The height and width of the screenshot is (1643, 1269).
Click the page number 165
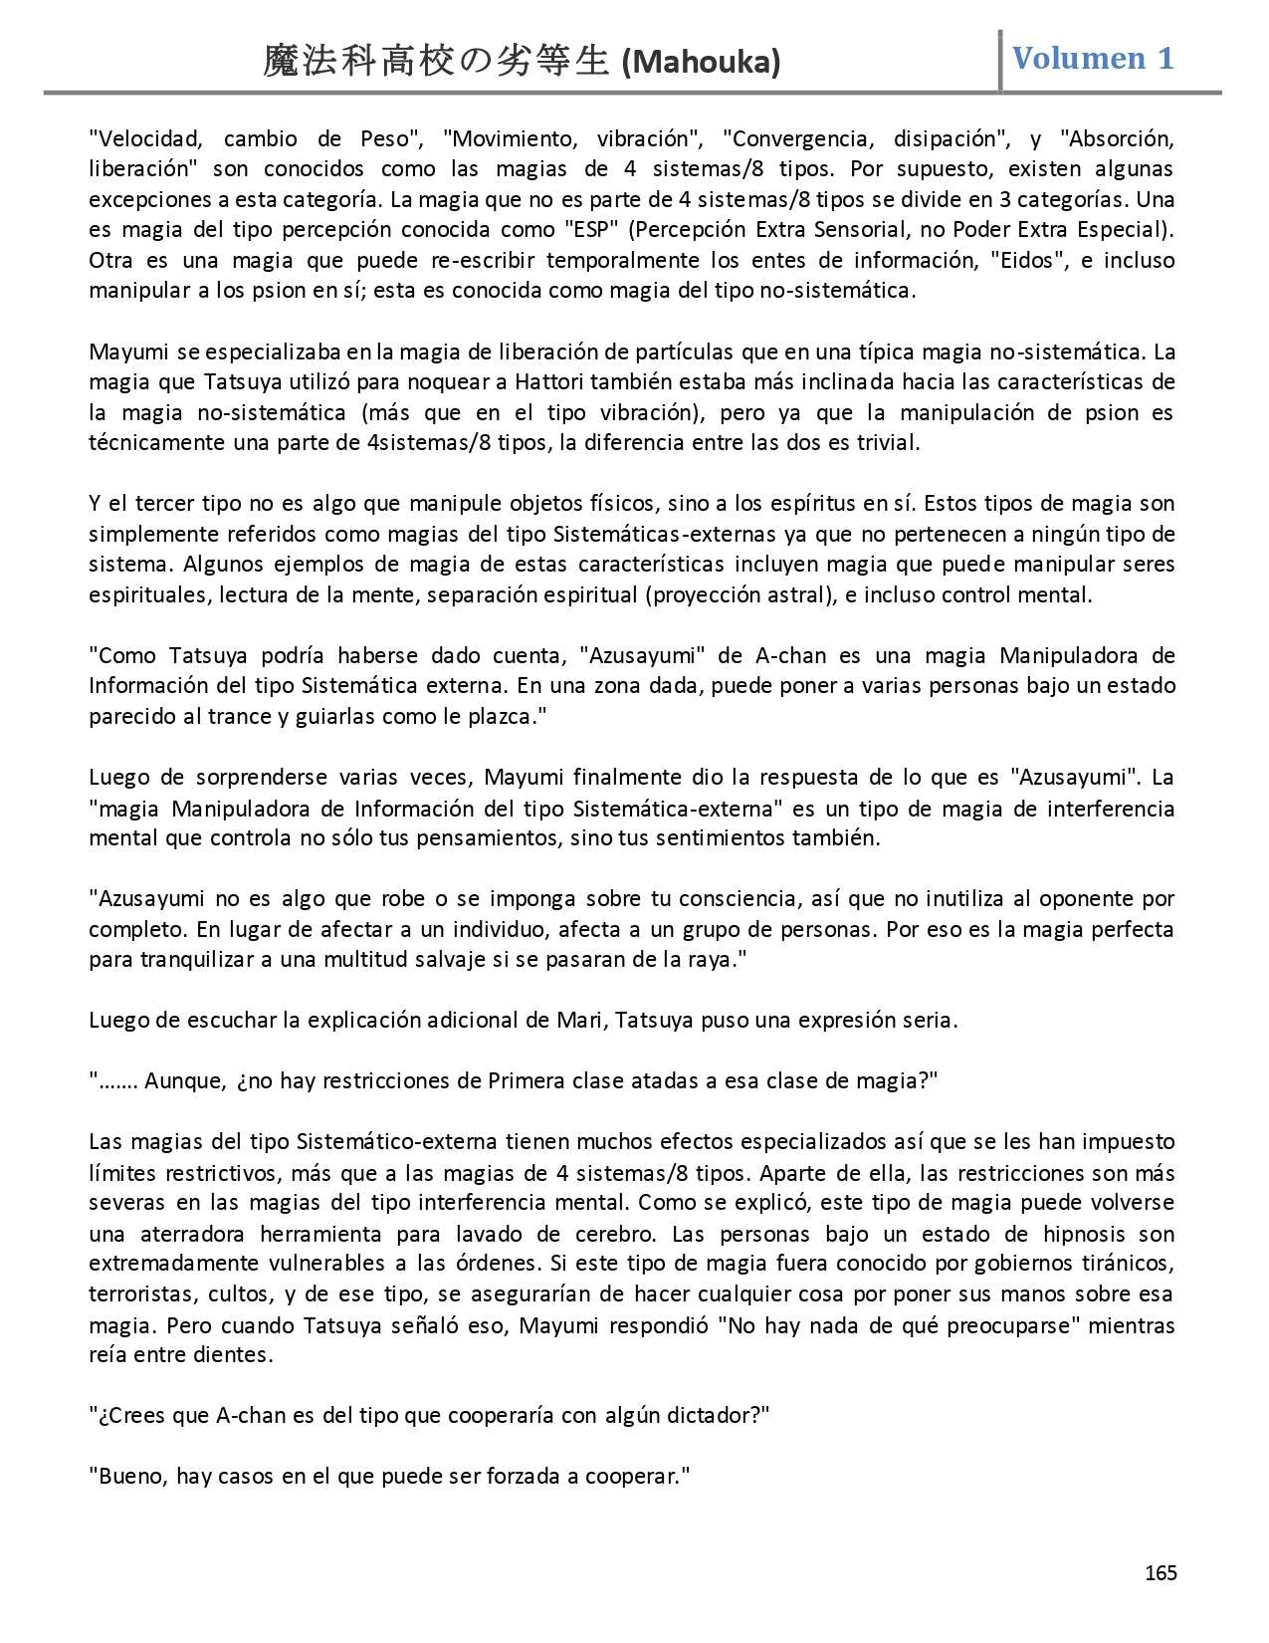(x=1161, y=1572)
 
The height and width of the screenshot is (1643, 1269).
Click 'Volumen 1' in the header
(x=1093, y=58)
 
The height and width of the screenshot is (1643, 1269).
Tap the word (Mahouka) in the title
(x=700, y=63)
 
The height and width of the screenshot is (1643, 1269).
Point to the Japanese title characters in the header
(x=436, y=62)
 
